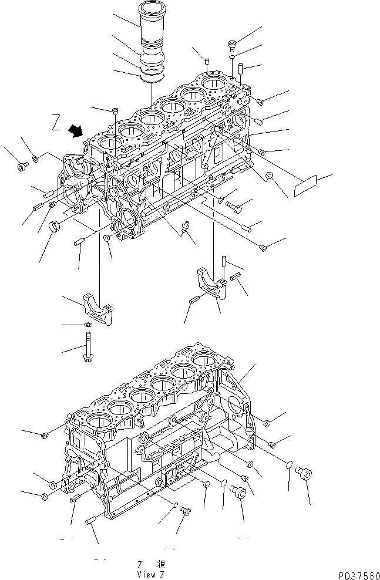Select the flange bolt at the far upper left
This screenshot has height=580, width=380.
[x=22, y=166]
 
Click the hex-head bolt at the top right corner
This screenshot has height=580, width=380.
[x=233, y=44]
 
